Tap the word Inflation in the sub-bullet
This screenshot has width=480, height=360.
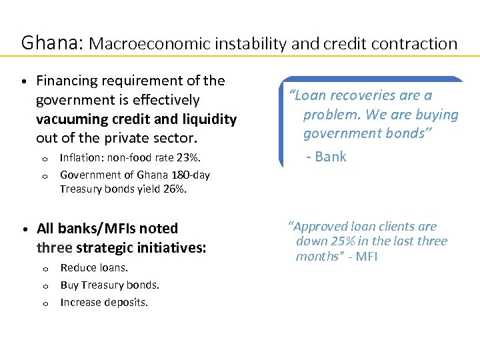[x=81, y=158]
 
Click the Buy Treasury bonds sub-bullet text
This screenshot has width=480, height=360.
[x=109, y=285]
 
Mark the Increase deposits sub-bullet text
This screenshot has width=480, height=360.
[x=104, y=302]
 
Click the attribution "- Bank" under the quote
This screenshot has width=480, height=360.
[x=326, y=157]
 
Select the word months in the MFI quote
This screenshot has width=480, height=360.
[x=317, y=257]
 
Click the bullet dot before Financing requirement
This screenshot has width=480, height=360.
[x=23, y=82]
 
